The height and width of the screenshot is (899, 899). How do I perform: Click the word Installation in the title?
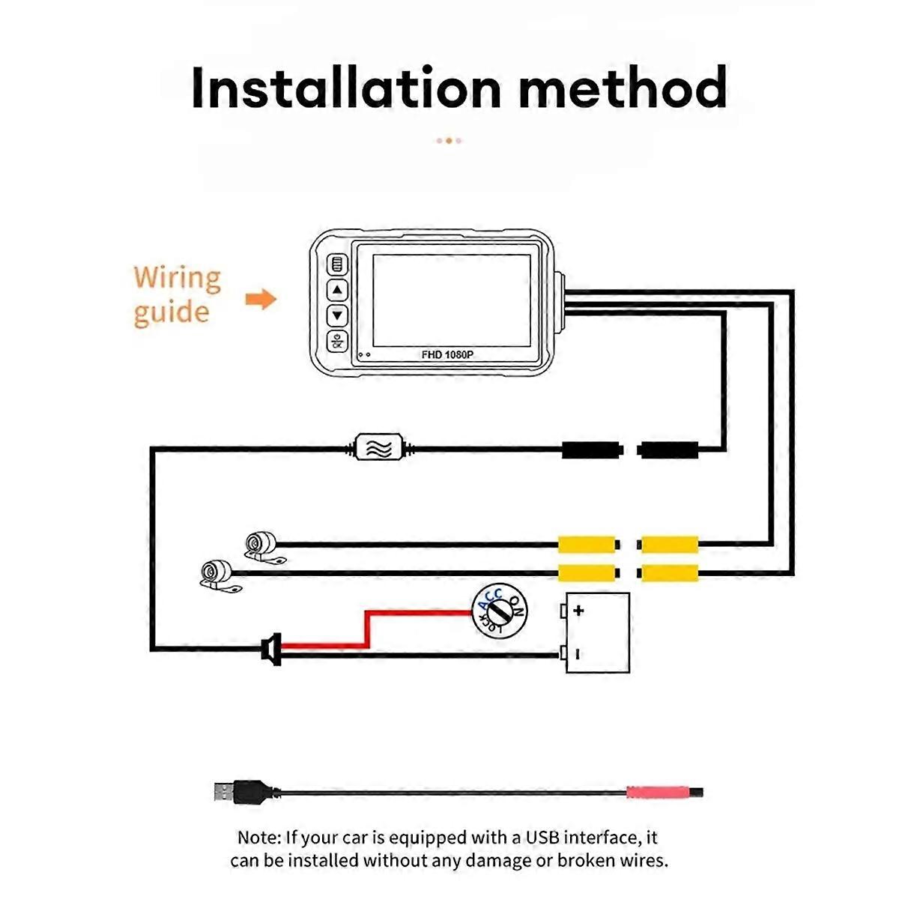click(x=346, y=88)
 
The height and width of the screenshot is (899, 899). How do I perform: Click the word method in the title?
click(x=623, y=88)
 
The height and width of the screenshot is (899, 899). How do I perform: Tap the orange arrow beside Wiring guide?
click(x=261, y=299)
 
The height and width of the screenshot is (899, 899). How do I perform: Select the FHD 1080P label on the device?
click(x=447, y=355)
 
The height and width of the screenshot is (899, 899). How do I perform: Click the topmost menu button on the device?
click(x=337, y=265)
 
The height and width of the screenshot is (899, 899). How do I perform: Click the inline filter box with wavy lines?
click(x=378, y=447)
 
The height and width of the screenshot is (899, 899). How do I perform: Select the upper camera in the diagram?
click(x=263, y=546)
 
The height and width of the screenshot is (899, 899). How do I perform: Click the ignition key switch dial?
click(x=499, y=611)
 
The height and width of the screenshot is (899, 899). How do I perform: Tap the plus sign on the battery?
click(x=578, y=611)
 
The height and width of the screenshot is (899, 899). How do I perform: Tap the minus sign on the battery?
click(x=578, y=655)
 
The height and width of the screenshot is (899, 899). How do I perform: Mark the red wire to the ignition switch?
click(x=367, y=629)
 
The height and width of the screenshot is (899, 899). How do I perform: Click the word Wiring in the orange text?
click(x=178, y=279)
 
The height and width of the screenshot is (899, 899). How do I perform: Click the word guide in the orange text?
click(x=172, y=313)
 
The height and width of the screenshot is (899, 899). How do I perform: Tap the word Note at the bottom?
click(x=259, y=838)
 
